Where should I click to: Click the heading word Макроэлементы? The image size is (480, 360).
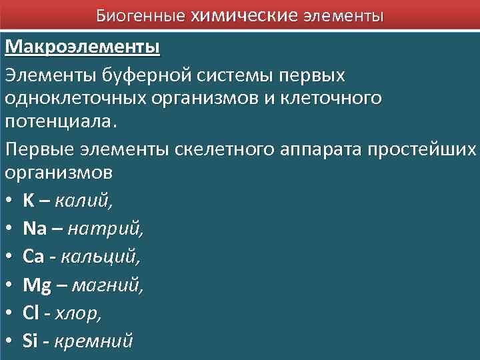tap(83, 47)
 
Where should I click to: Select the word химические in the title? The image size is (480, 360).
tap(244, 14)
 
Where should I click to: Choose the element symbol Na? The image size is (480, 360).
tap(34, 229)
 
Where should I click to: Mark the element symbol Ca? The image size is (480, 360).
tap(33, 257)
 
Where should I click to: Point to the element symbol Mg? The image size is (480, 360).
tap(37, 285)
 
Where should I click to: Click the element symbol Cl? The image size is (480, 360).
tap(31, 313)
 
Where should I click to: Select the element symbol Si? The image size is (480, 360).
tap(30, 341)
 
